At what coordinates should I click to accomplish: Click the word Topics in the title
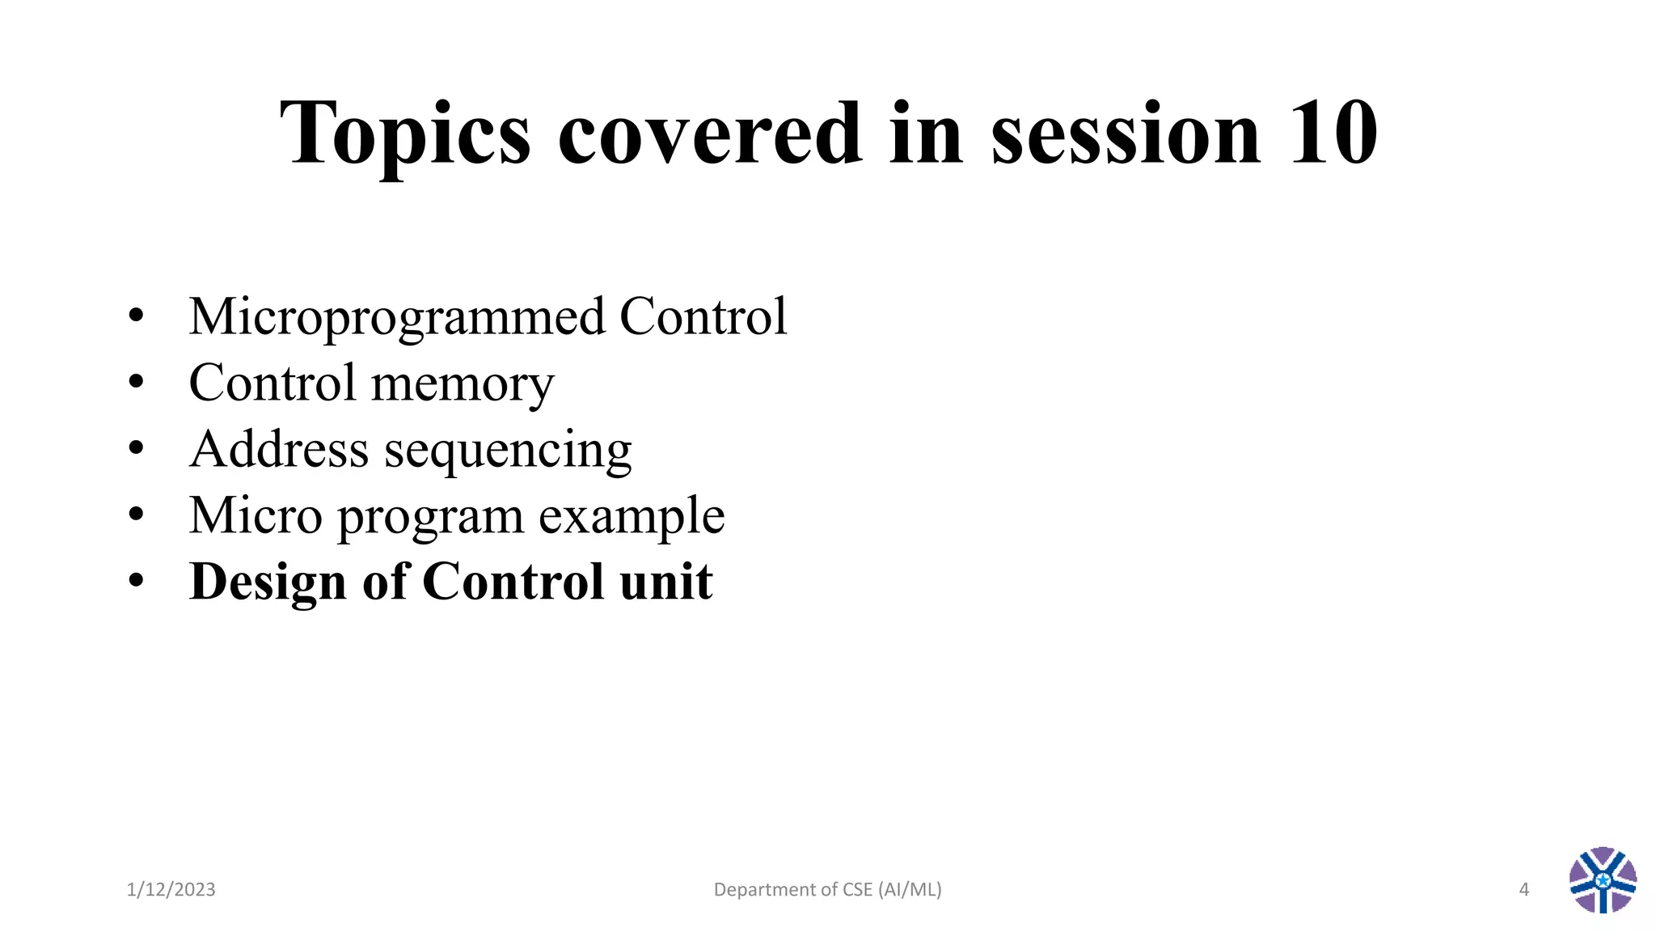click(x=404, y=133)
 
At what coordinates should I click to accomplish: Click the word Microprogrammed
click(x=396, y=317)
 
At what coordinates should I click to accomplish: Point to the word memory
click(x=463, y=384)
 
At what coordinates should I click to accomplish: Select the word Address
click(x=279, y=449)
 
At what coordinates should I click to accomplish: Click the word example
click(x=632, y=517)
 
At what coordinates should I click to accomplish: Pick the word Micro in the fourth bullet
click(x=256, y=515)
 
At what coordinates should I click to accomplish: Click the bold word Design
click(x=268, y=582)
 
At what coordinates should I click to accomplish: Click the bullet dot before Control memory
click(x=136, y=381)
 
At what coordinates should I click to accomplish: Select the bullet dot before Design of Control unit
click(x=136, y=580)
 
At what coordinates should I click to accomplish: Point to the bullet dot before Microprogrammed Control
click(x=136, y=315)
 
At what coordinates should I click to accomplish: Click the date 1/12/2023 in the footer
click(x=171, y=890)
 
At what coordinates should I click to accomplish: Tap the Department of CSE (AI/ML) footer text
click(x=827, y=890)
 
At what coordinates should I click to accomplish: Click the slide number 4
click(x=1524, y=890)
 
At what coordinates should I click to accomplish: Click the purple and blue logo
click(x=1603, y=880)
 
